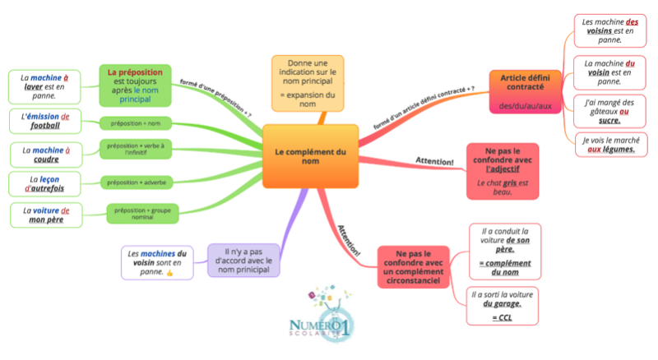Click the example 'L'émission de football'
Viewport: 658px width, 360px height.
(45, 121)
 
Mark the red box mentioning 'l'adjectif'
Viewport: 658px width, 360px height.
(502, 171)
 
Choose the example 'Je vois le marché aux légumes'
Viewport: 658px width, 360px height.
(607, 144)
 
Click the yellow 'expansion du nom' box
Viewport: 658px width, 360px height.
(308, 83)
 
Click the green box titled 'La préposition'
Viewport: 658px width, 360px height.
(135, 85)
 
